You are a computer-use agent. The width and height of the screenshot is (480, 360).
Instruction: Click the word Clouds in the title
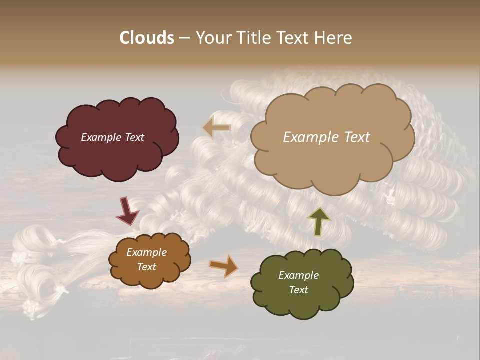point(147,38)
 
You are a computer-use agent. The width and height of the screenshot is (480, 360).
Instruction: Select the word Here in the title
point(334,38)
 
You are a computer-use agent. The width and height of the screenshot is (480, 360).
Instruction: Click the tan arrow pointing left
point(217,128)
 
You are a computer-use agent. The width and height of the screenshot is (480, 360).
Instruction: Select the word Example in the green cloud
point(298,275)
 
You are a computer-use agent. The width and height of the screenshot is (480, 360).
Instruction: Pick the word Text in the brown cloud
point(146,267)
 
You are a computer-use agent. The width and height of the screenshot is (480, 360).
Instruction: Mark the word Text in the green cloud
point(298,290)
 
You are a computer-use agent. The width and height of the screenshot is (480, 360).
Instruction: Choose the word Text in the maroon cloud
point(134,137)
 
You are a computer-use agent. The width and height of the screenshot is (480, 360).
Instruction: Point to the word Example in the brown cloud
point(146,252)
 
